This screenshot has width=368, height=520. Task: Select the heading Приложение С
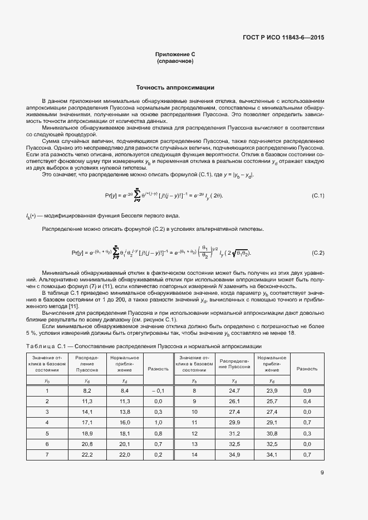(x=175, y=55)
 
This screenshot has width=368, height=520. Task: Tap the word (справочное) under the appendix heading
(x=175, y=61)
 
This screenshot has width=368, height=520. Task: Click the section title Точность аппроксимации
(x=175, y=87)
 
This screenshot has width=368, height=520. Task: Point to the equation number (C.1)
(x=317, y=196)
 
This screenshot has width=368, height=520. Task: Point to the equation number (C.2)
(x=317, y=253)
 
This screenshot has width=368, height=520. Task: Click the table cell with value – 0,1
(x=158, y=392)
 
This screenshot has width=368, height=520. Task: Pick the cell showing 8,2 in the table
(x=87, y=392)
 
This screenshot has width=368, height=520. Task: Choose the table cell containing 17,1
(x=87, y=423)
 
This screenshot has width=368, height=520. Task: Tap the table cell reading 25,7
(x=272, y=401)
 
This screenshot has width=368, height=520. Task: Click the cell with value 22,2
(x=87, y=455)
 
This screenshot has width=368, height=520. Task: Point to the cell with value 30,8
(x=272, y=433)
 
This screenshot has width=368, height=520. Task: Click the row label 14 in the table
(x=194, y=455)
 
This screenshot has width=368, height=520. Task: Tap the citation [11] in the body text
(x=73, y=306)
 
